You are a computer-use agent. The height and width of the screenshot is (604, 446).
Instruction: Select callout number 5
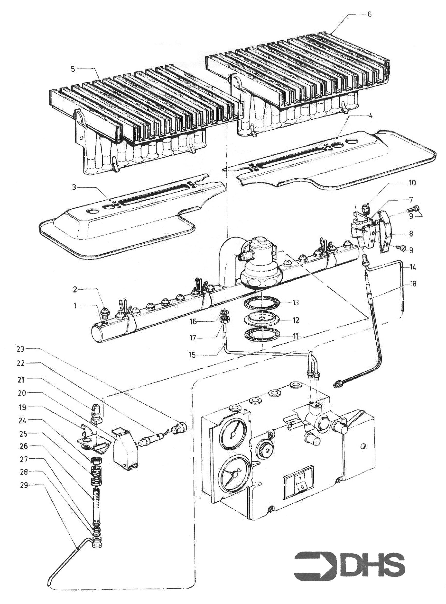(x=73, y=69)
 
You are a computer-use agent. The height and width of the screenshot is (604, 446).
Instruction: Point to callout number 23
(x=21, y=349)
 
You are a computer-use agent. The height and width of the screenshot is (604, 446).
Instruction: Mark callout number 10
(x=412, y=183)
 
